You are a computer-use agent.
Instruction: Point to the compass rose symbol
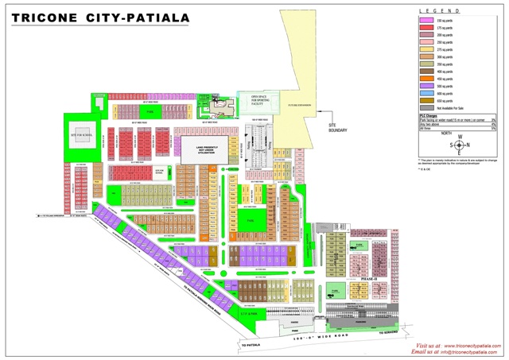459,145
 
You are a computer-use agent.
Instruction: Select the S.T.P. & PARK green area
249,312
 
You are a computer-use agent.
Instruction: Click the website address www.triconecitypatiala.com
469,346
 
